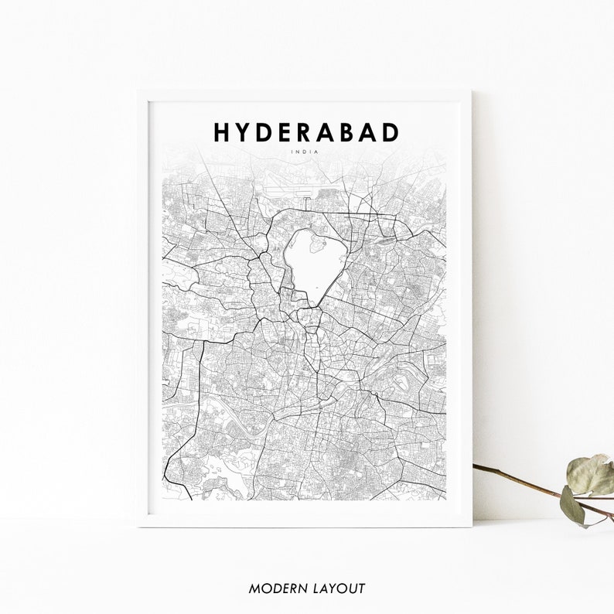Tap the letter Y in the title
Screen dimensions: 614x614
click(x=246, y=132)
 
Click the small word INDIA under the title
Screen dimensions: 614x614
click(x=306, y=151)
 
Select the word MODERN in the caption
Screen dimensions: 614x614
click(x=275, y=588)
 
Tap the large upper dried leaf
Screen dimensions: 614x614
click(x=591, y=474)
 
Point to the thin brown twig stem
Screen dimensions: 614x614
click(x=518, y=479)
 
